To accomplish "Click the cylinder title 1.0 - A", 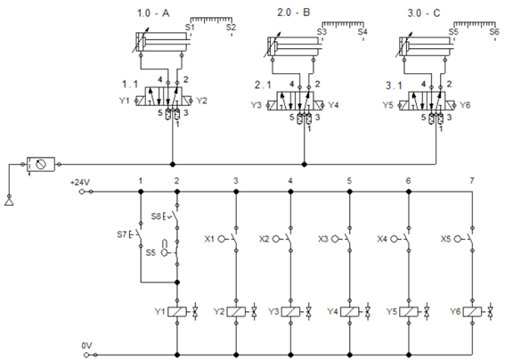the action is click(153, 13).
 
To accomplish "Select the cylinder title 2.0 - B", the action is click(293, 12).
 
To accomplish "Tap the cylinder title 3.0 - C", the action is click(424, 13).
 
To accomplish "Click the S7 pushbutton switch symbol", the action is click(136, 234).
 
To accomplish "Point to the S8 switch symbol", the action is click(172, 217).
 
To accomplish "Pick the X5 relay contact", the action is click(466, 239).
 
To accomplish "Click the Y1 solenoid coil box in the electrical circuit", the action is click(177, 312).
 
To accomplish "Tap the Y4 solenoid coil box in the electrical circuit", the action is click(349, 312).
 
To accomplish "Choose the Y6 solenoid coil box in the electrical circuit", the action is click(472, 312).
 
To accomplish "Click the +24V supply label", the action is click(80, 183).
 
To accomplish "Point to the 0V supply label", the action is click(86, 346).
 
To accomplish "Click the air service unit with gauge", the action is click(41, 164).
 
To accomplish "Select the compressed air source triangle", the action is click(9, 201).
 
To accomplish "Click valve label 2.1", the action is click(263, 85).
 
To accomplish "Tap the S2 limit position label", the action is click(231, 27).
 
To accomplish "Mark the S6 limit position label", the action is click(494, 31).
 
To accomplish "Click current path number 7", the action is click(472, 181).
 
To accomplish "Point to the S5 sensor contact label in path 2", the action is click(151, 253).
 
